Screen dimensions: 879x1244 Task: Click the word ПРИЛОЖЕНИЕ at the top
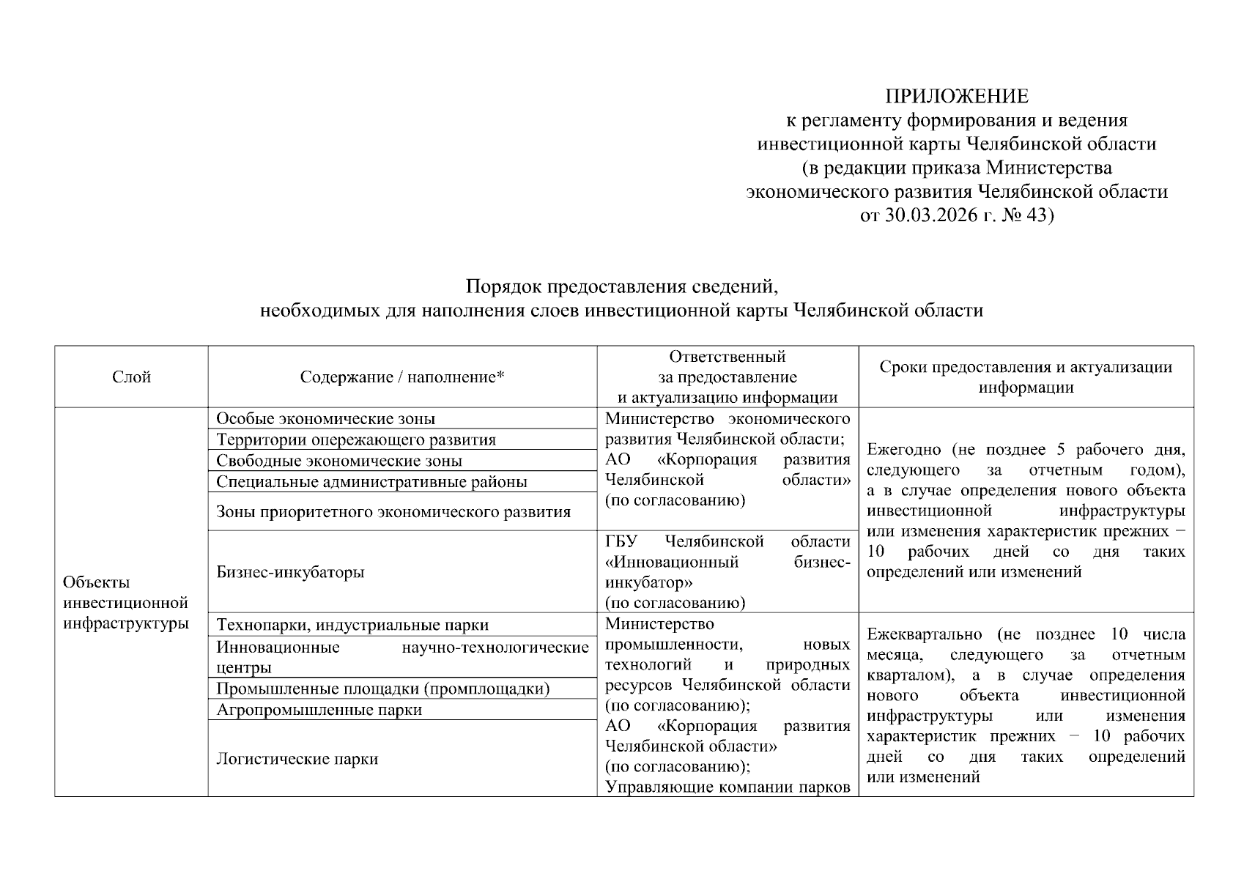point(956,97)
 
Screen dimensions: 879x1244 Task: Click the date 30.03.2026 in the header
point(930,215)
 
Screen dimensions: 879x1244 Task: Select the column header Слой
point(132,377)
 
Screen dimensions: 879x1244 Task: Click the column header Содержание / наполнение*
point(402,377)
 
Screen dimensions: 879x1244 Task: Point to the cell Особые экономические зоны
point(325,419)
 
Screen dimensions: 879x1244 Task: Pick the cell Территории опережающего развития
point(356,440)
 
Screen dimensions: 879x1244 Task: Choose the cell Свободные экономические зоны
point(339,461)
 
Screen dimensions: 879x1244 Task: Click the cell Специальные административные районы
point(371,482)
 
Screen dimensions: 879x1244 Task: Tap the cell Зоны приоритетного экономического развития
point(393,512)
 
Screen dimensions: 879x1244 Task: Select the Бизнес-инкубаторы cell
point(290,572)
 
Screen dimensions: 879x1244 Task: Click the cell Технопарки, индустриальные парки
point(352,626)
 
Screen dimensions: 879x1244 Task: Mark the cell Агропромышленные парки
point(319,710)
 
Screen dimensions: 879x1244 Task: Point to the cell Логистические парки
point(297,759)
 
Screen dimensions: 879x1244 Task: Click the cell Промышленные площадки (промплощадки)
point(383,689)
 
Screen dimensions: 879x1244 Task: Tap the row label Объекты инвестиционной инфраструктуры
point(126,603)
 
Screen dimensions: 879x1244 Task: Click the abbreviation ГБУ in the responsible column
point(621,542)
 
